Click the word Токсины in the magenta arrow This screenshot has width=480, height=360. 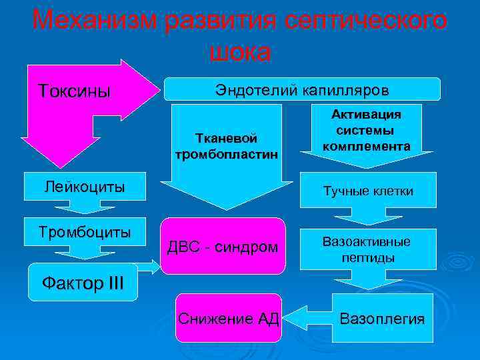(x=74, y=90)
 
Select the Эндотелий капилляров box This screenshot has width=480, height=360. (x=302, y=89)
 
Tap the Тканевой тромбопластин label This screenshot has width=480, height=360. (x=226, y=146)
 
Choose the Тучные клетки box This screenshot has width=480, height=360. (x=367, y=191)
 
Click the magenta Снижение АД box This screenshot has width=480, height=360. (x=229, y=317)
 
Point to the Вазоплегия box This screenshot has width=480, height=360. (x=381, y=318)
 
